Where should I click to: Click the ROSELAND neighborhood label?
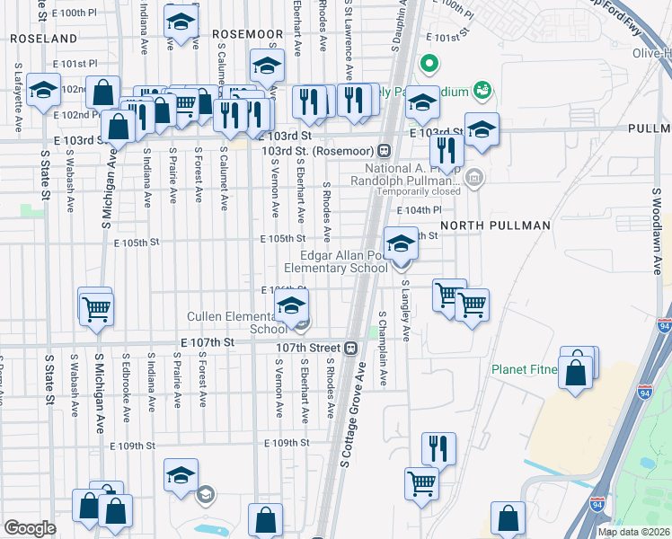point(43,40)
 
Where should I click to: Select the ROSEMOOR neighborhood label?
point(247,34)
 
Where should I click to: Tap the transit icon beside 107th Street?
point(351,348)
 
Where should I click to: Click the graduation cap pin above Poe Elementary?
point(401,243)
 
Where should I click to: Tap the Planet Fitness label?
point(524,368)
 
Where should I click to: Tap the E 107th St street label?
point(207,343)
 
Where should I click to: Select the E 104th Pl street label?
point(425,209)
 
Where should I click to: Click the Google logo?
point(30,528)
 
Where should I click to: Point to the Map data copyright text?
point(634,532)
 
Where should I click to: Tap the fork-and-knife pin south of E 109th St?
point(438,447)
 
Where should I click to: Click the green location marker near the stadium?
point(429,64)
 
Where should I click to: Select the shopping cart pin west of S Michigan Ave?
point(95,308)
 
